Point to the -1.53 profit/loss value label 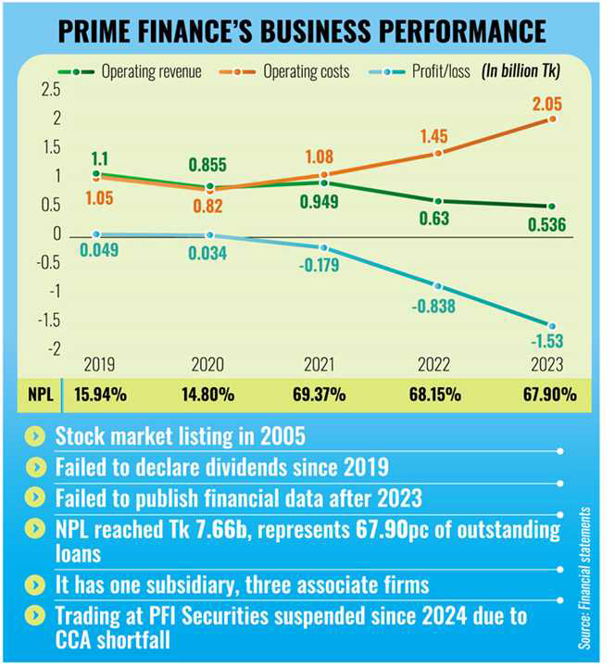click(549, 345)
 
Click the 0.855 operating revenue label click(209, 164)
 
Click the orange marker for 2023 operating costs click(552, 120)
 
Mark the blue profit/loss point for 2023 click(552, 325)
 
